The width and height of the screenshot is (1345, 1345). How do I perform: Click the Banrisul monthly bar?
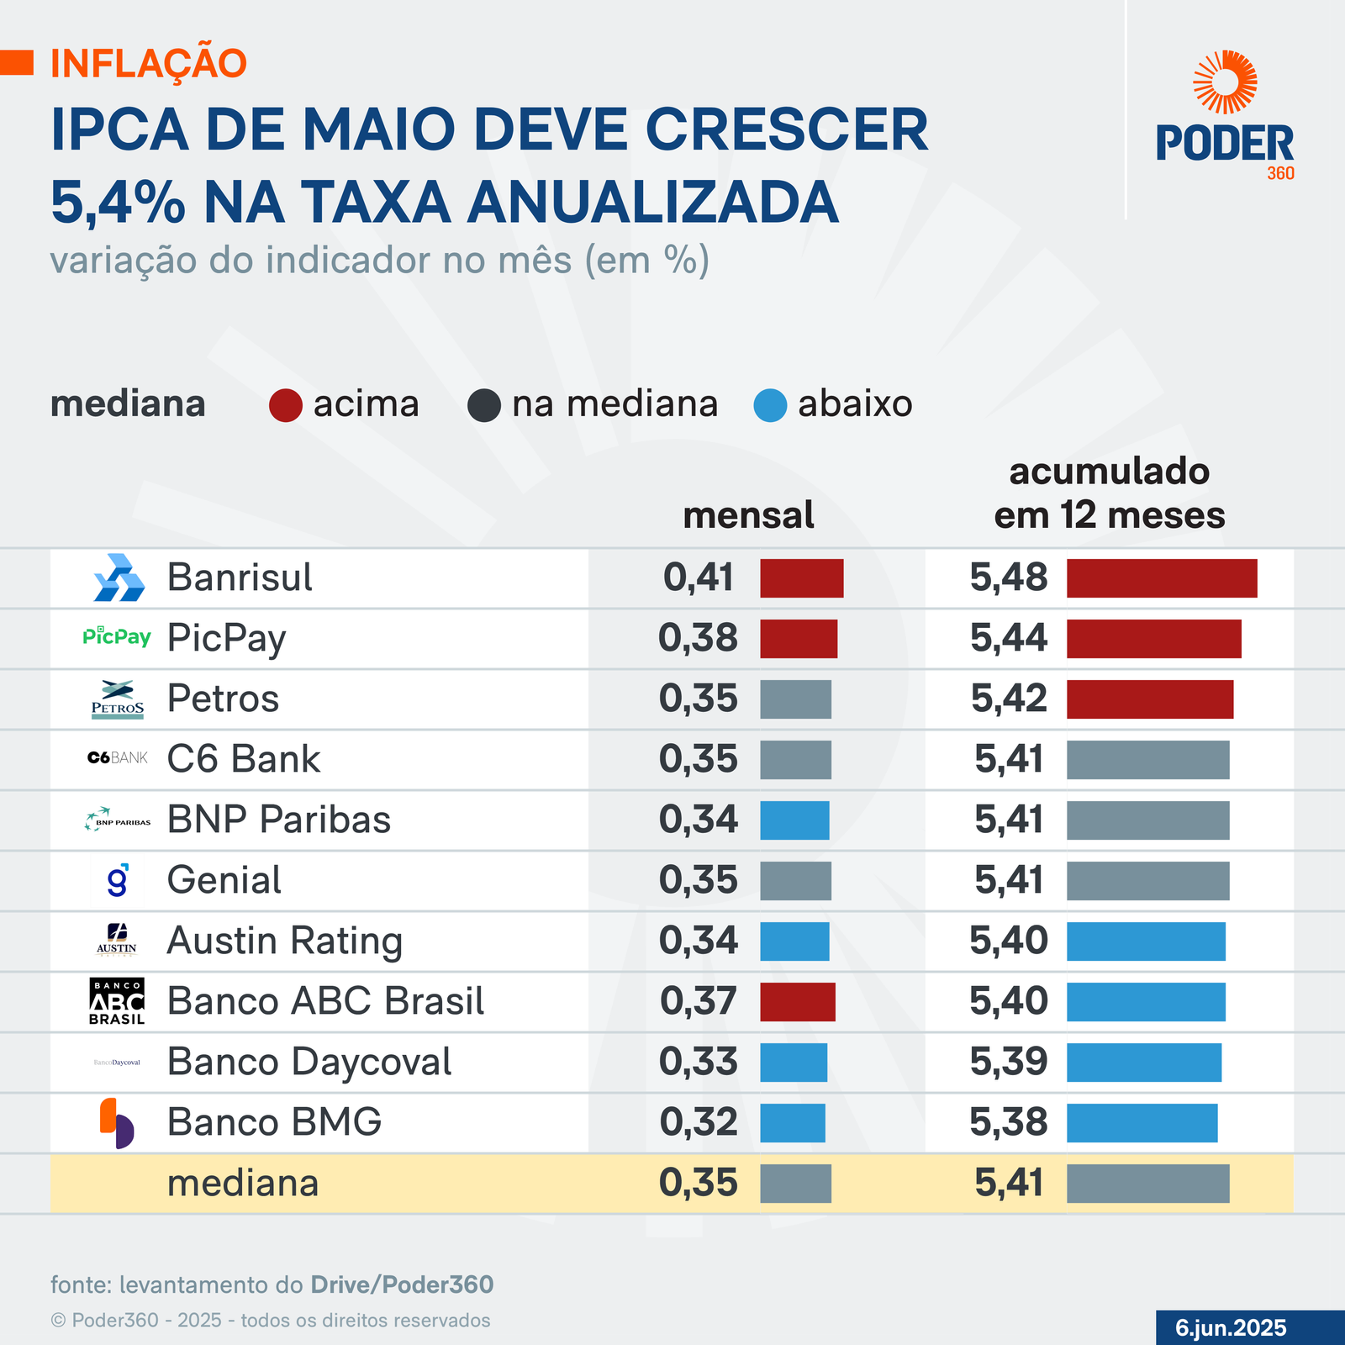pos(801,578)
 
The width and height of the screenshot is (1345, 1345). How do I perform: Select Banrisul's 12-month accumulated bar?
pos(1162,578)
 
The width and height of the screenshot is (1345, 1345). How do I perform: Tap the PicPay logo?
pos(117,636)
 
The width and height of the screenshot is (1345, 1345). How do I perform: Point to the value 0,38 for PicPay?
pos(698,638)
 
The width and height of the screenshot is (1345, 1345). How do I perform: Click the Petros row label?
pos(223,699)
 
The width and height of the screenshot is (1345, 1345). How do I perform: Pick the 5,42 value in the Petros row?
pos(1009,699)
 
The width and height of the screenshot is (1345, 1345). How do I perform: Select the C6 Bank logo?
pos(118,758)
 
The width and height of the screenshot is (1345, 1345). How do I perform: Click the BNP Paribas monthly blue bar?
pos(794,820)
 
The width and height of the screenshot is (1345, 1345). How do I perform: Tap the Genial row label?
pos(224,880)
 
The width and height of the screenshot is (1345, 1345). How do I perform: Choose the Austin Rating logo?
pos(117,940)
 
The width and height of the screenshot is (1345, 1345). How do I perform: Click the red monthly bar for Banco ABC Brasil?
pos(798,1002)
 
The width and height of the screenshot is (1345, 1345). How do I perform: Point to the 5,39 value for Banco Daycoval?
pos(1009,1062)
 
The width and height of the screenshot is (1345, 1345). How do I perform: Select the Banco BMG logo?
pos(117,1123)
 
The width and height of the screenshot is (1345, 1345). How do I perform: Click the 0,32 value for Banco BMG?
pos(698,1122)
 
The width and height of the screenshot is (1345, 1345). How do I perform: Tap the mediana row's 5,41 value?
pos(1009,1183)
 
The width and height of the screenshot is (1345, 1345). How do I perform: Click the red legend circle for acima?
pos(286,405)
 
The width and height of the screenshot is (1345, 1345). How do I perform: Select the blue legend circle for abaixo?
pos(770,405)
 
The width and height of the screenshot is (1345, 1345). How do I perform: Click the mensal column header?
pos(748,515)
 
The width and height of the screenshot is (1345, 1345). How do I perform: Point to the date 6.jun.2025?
pos(1231,1327)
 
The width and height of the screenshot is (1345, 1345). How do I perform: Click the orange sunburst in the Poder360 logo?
pos(1225,82)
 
